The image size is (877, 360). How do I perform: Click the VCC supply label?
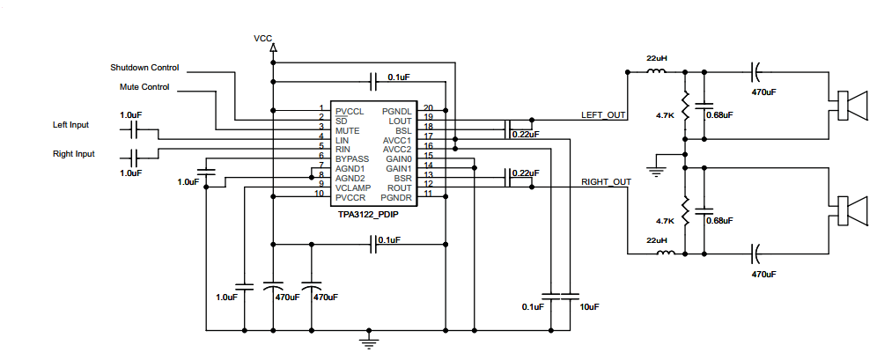[263, 39]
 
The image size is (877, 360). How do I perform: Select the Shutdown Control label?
[145, 68]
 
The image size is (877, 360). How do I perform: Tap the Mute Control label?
[144, 87]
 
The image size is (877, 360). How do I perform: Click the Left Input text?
[71, 125]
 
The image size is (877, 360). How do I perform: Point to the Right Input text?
[74, 154]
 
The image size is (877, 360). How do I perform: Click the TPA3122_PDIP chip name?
[368, 214]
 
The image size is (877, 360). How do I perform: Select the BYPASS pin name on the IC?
[352, 158]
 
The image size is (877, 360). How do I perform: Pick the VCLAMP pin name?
[353, 187]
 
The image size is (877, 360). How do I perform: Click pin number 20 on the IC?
[429, 108]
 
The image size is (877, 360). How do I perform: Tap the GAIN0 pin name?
[398, 158]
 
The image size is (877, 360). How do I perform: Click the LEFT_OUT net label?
[603, 115]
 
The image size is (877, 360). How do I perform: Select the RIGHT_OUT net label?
[607, 181]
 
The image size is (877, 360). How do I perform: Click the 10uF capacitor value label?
[590, 306]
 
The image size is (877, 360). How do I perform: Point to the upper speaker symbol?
[851, 107]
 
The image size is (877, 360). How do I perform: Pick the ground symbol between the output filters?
[656, 169]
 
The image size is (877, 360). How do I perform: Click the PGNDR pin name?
[396, 198]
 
